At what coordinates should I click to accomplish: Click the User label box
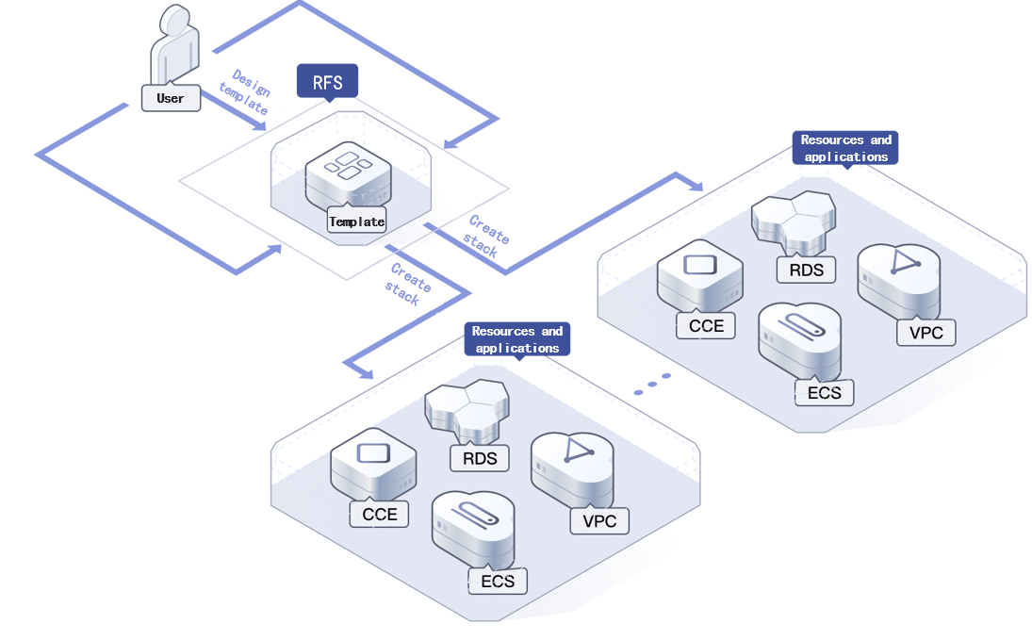click(x=171, y=98)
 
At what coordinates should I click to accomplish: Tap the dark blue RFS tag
click(x=327, y=81)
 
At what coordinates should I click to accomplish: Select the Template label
click(x=356, y=222)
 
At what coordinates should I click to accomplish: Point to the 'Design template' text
click(x=245, y=92)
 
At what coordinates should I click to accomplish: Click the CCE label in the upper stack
click(x=706, y=325)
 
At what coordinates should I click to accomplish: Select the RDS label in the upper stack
click(x=806, y=270)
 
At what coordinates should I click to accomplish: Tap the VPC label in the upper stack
click(x=926, y=332)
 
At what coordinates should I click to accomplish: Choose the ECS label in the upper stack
click(x=824, y=392)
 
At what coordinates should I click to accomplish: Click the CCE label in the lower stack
click(x=380, y=514)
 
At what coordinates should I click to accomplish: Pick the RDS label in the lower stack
click(x=479, y=458)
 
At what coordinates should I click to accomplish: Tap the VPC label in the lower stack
click(x=599, y=520)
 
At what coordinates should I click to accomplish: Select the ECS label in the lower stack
click(x=498, y=581)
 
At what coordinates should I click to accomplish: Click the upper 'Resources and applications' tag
click(x=845, y=148)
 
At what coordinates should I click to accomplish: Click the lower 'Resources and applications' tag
click(x=516, y=339)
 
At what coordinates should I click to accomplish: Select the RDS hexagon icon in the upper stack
click(x=794, y=213)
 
